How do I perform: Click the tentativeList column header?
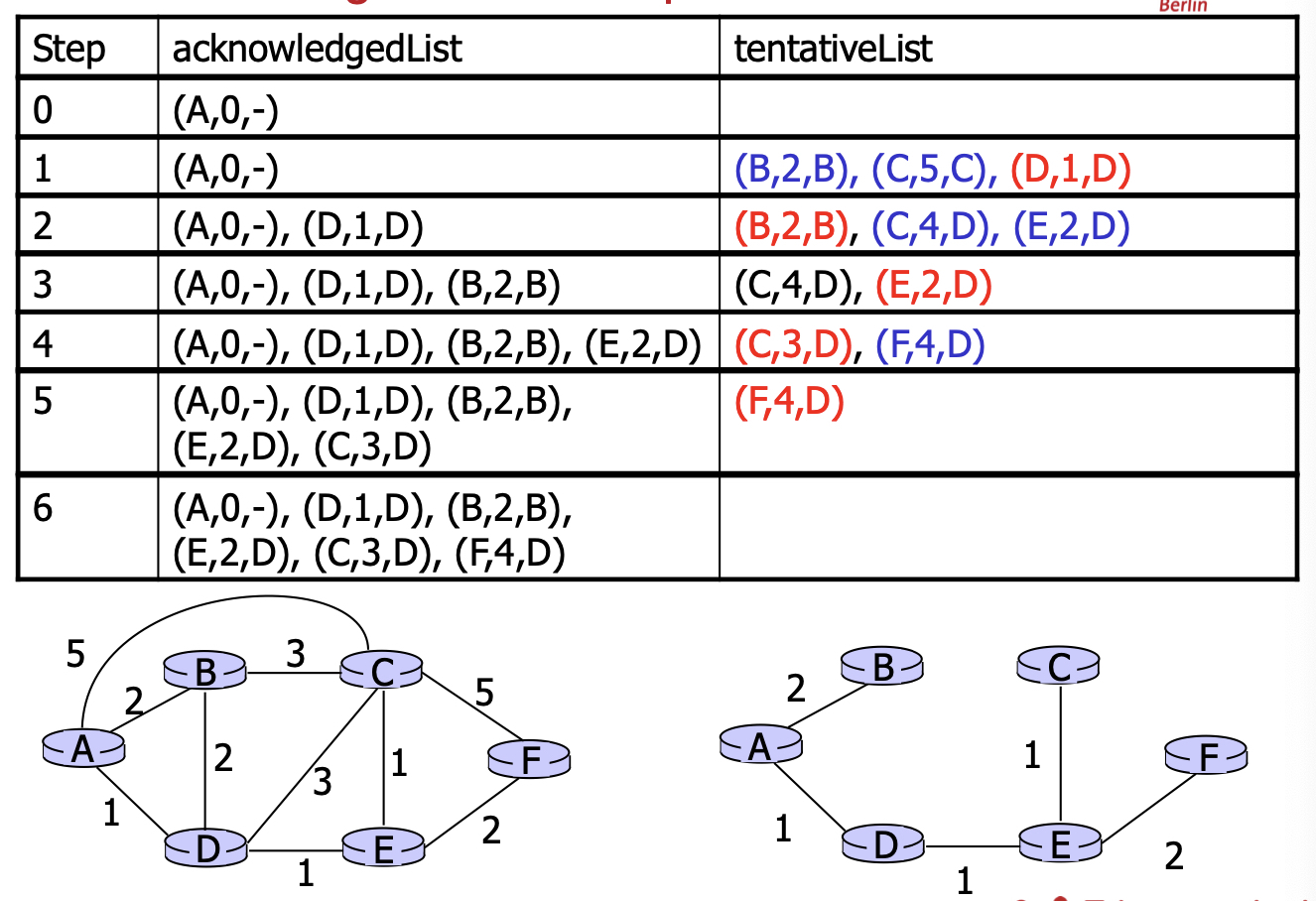833,49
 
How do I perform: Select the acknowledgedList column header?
317,49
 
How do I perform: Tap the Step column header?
68,49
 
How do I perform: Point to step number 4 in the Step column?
43,344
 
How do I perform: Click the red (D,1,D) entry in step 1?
1070,170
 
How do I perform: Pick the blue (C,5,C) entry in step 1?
933,170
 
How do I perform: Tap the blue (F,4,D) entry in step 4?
930,344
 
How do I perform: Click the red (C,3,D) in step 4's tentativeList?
792,344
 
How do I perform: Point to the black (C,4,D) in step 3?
792,286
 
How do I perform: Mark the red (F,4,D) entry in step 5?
789,403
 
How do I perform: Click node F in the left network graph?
530,760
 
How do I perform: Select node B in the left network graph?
204,672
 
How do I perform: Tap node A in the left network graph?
83,748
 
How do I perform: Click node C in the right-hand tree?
1058,666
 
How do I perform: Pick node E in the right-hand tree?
1060,845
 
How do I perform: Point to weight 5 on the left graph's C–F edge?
483,692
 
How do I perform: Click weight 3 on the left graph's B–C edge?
295,654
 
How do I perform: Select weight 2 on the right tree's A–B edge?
795,688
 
